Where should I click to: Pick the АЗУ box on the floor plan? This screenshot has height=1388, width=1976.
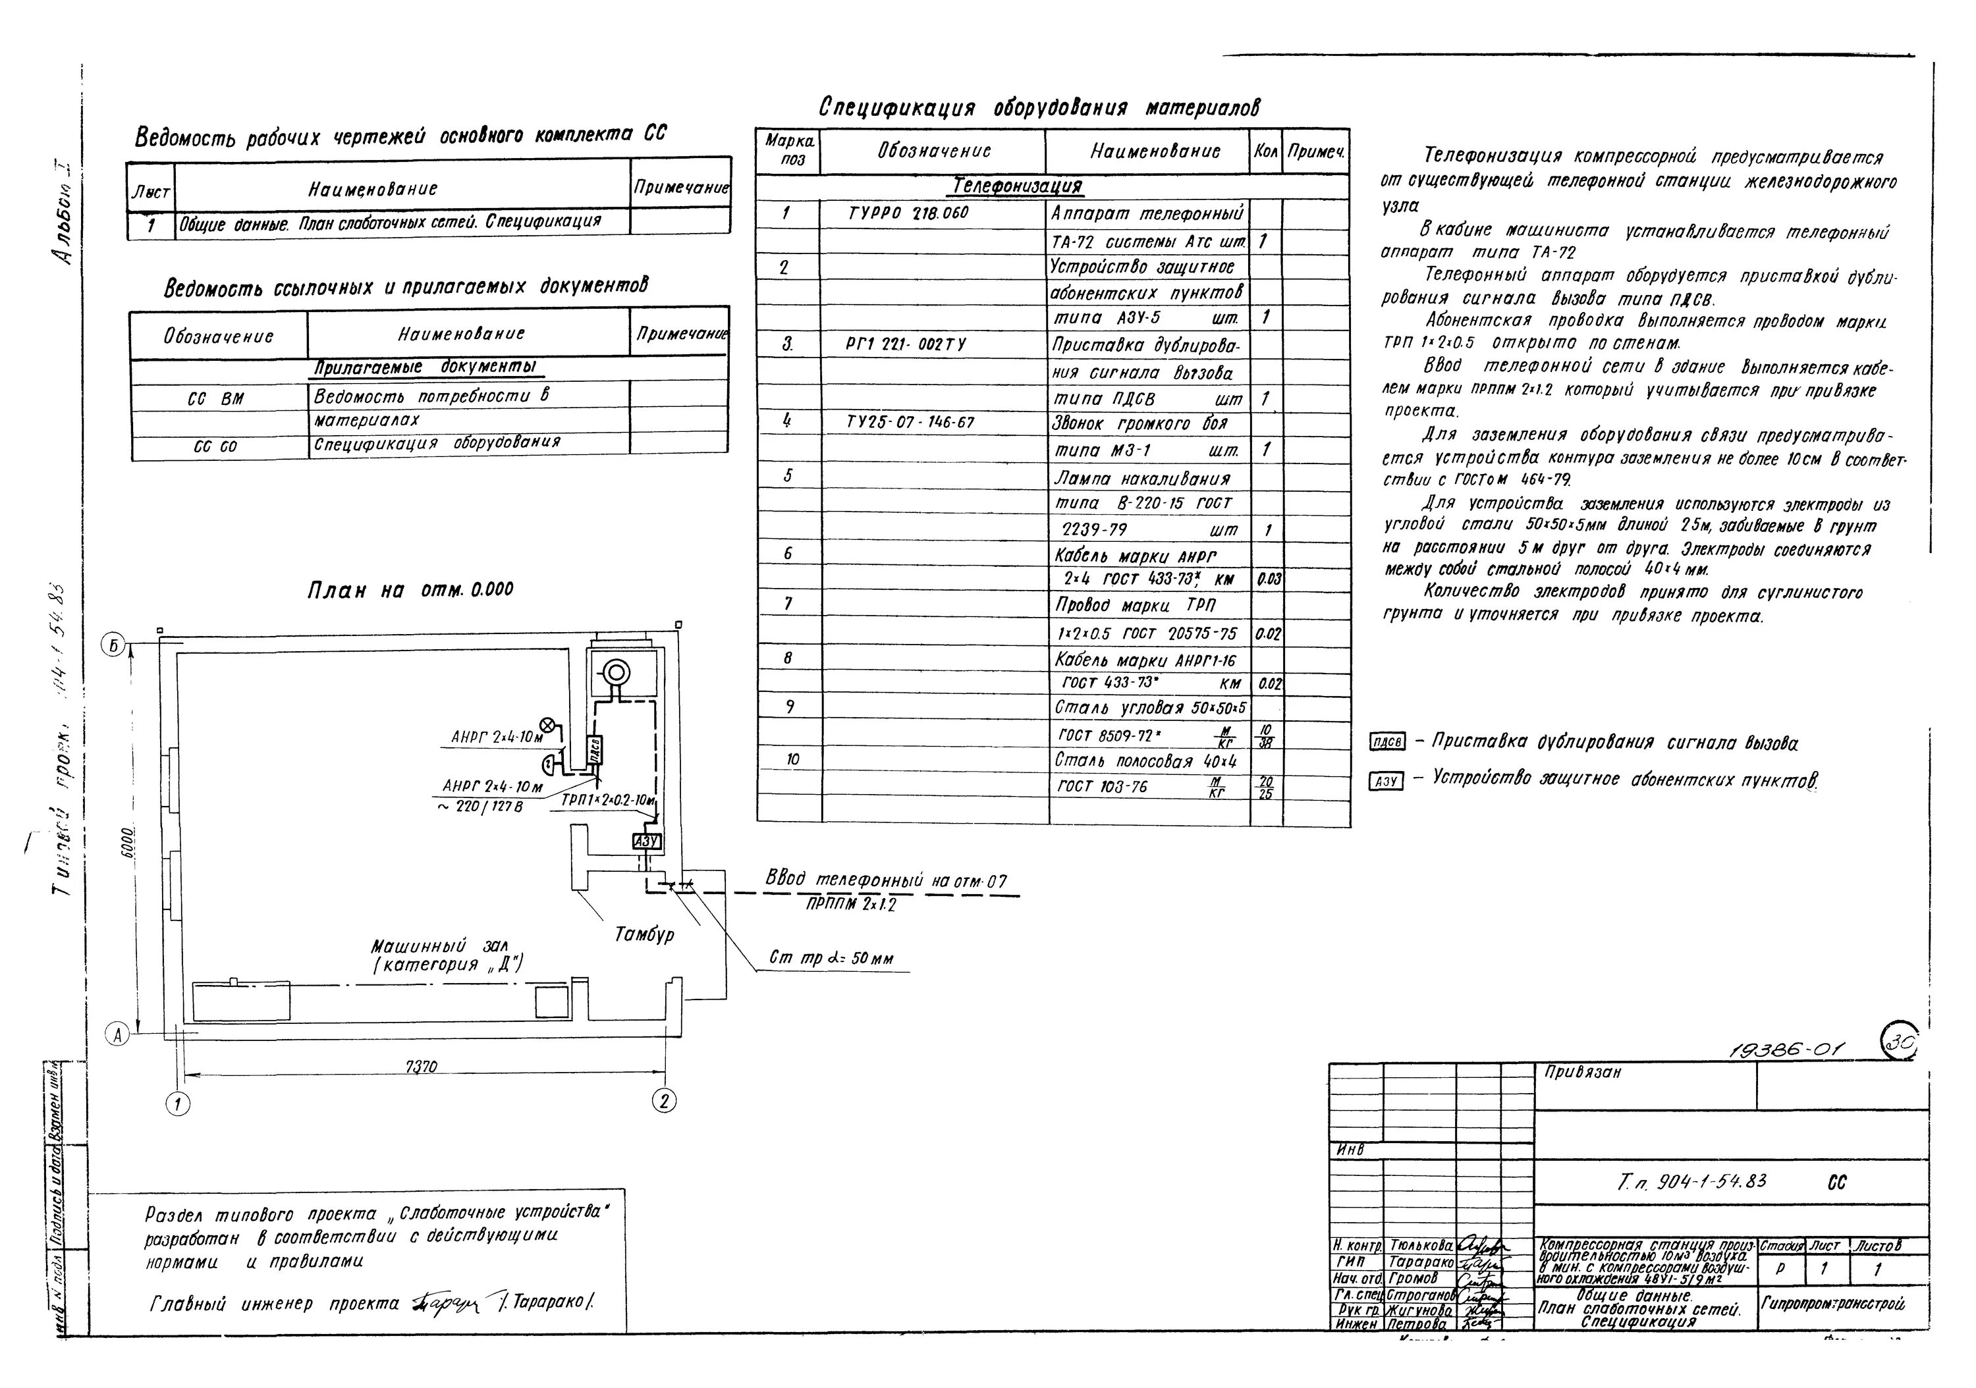pyautogui.click(x=646, y=841)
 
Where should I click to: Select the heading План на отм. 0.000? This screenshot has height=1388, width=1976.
pyautogui.click(x=410, y=591)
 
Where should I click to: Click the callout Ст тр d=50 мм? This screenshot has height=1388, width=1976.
pyautogui.click(x=831, y=959)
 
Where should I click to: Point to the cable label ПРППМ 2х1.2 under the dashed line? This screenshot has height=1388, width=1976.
pyautogui.click(x=851, y=905)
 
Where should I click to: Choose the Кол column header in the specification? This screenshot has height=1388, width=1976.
pyautogui.click(x=1265, y=151)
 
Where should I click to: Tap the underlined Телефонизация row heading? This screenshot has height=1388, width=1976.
pyautogui.click(x=1017, y=186)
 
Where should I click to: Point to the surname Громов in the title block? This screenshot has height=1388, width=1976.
pyautogui.click(x=1413, y=1279)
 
